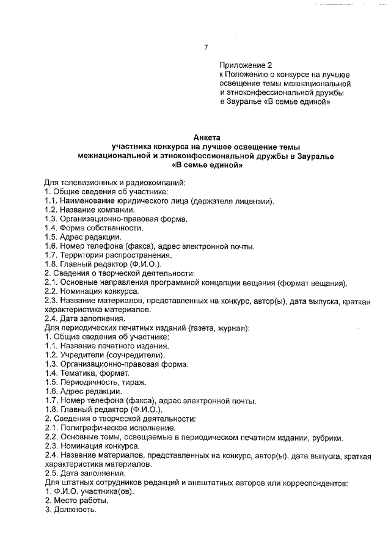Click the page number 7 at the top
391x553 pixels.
pyautogui.click(x=206, y=48)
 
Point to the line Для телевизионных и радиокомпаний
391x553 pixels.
pyautogui.click(x=115, y=183)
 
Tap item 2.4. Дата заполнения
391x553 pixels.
pyautogui.click(x=85, y=318)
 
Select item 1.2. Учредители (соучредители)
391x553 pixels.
pyautogui.click(x=104, y=355)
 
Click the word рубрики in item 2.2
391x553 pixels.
pyautogui.click(x=326, y=437)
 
